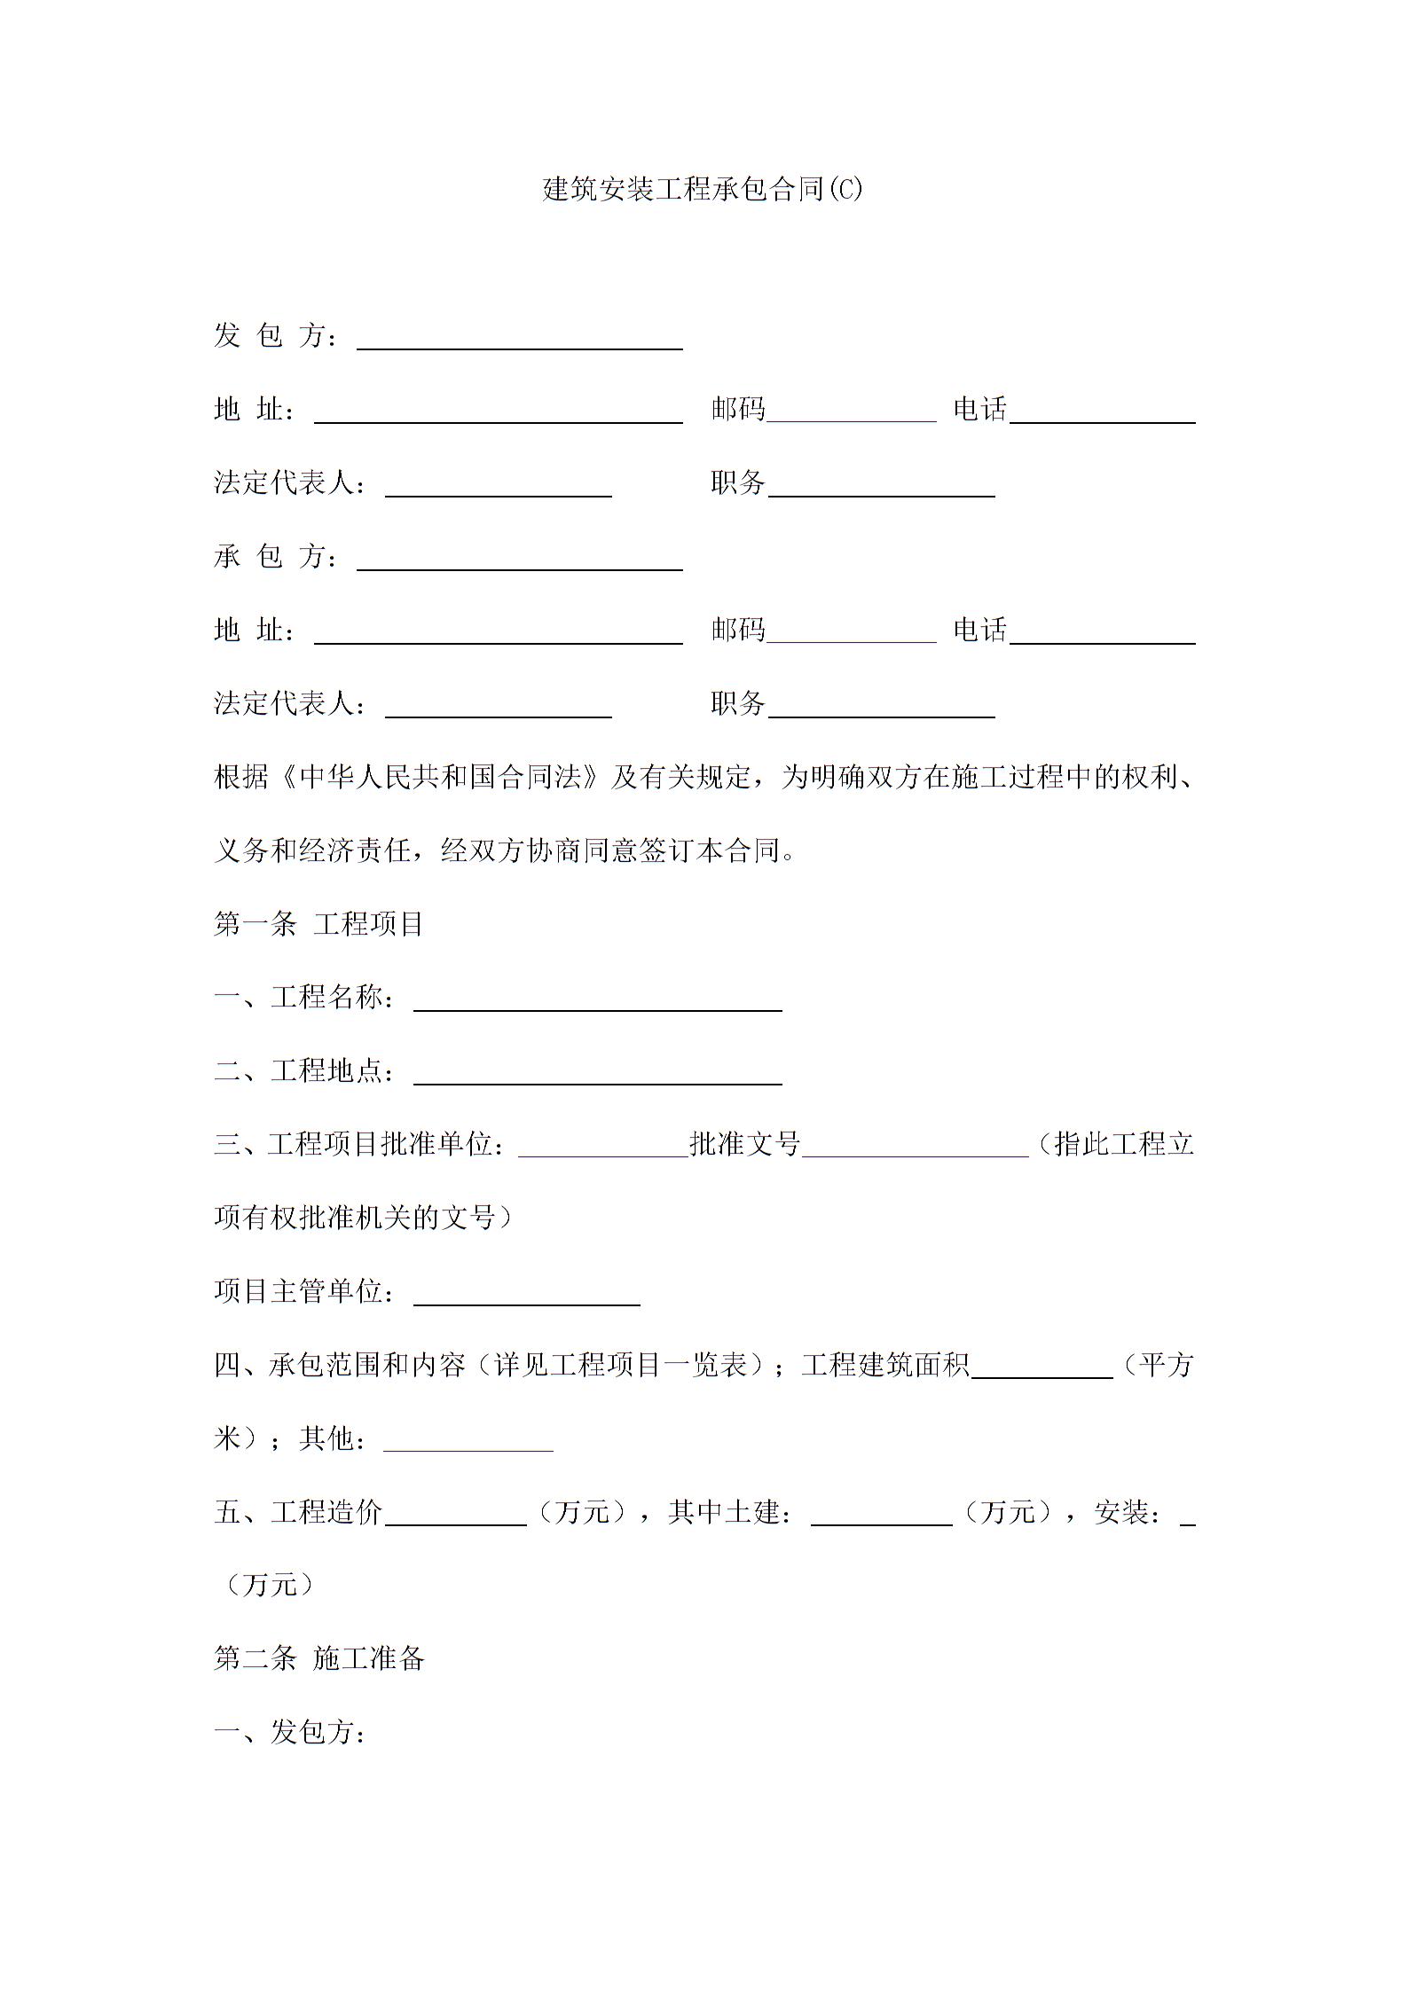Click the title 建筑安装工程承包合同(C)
click(702, 189)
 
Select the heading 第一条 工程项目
click(318, 924)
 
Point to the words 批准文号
click(744, 1144)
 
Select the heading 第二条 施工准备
click(319, 1658)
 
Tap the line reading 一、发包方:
click(290, 1732)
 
